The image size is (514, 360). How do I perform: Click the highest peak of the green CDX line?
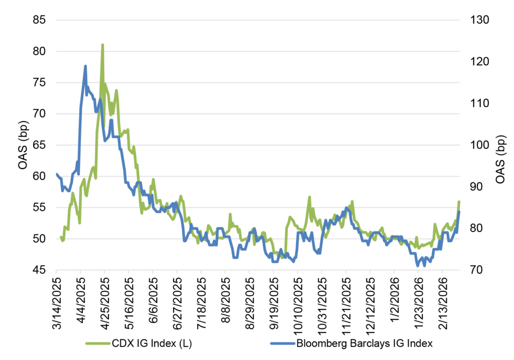pos(102,45)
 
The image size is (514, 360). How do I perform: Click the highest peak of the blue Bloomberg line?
pos(85,66)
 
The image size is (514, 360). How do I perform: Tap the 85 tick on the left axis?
pos(39,20)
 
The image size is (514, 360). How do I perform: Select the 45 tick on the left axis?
pos(39,270)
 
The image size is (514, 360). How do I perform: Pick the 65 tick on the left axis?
pos(39,145)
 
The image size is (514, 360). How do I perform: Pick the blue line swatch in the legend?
pos(279,344)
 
